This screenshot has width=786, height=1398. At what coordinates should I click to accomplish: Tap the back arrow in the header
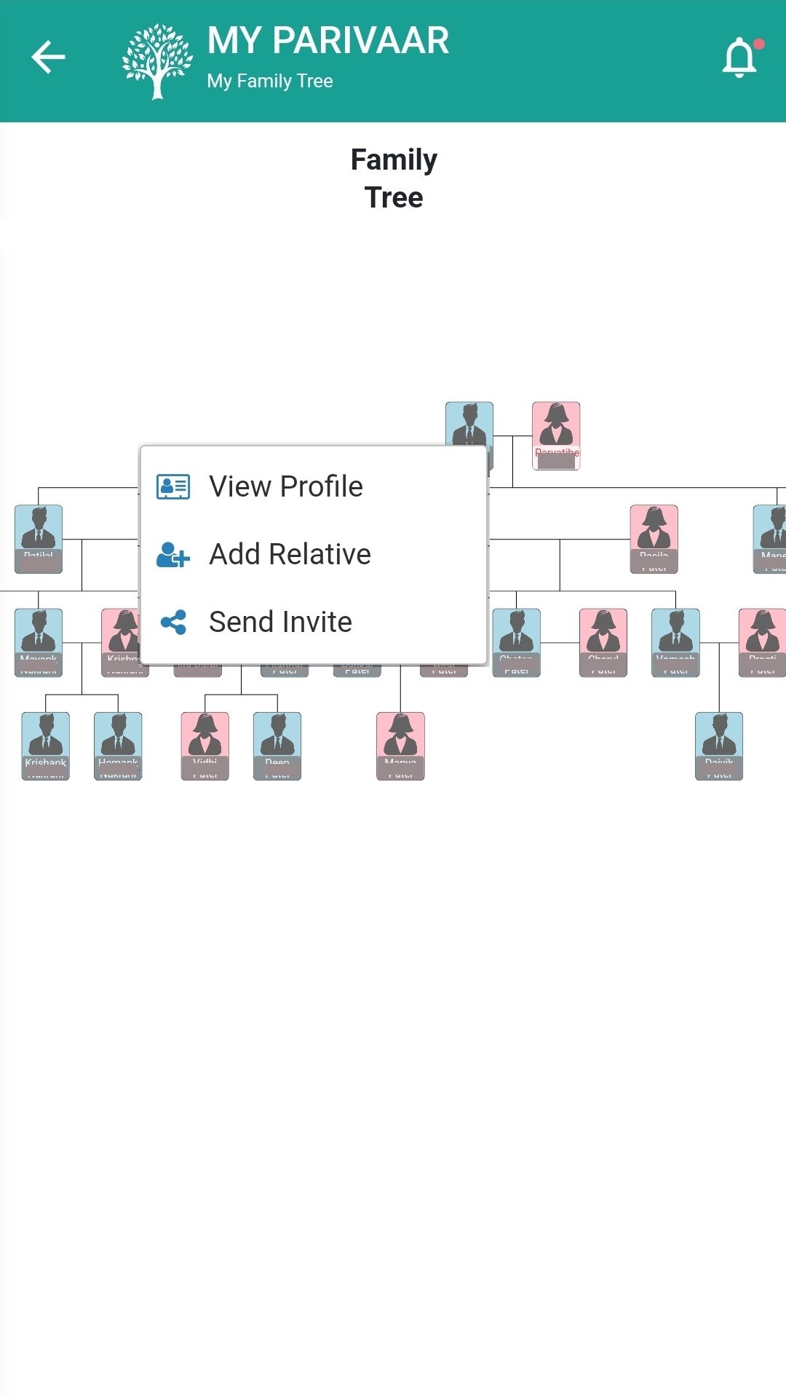tap(49, 58)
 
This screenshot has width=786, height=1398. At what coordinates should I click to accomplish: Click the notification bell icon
tap(739, 58)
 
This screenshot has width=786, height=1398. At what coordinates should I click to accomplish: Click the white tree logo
tap(156, 61)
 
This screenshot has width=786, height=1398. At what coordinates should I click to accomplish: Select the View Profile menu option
tap(285, 486)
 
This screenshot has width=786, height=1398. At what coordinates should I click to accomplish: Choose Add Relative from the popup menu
tap(290, 554)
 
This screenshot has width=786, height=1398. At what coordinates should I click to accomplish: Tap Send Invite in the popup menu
tap(280, 622)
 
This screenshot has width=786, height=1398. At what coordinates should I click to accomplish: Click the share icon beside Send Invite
tap(173, 622)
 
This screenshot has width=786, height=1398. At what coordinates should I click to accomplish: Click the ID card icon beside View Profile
tap(173, 486)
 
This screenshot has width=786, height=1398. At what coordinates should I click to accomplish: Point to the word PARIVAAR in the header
tap(361, 41)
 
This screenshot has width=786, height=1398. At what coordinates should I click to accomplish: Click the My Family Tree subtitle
tap(270, 81)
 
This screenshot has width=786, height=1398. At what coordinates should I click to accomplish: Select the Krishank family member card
tap(46, 746)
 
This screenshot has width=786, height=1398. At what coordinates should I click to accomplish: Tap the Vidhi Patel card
tap(205, 746)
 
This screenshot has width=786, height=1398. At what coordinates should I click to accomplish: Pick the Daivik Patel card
tap(719, 746)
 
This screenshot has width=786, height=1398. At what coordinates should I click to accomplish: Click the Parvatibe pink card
tap(556, 435)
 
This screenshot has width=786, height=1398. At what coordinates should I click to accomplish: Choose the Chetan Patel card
tap(517, 642)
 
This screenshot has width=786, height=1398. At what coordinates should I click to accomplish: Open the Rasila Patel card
tap(654, 539)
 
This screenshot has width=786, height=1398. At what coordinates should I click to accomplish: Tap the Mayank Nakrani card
tap(39, 642)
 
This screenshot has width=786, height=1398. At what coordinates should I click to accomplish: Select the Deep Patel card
tap(277, 746)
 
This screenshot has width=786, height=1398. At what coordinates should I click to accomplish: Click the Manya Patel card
tap(400, 746)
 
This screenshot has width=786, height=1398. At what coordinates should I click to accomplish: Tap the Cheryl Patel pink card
tap(603, 642)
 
